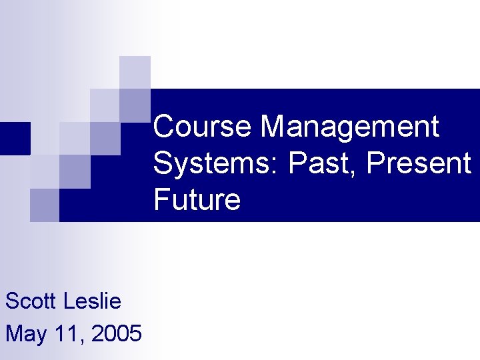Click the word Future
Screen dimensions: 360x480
point(197,199)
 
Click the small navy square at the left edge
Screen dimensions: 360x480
point(15,138)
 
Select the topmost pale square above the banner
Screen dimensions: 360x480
point(135,72)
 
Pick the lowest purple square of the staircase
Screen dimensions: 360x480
point(45,205)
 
